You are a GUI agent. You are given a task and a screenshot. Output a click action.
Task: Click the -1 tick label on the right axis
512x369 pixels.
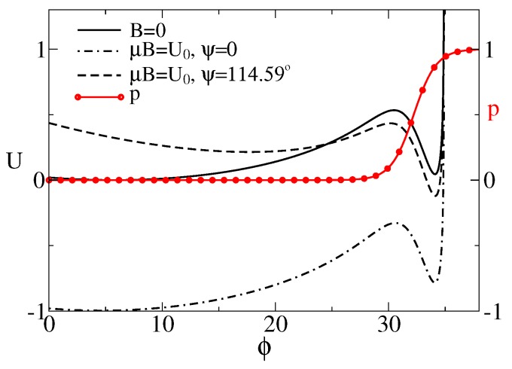[497, 311]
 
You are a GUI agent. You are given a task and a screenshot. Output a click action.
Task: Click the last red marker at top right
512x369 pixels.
[469, 50]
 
